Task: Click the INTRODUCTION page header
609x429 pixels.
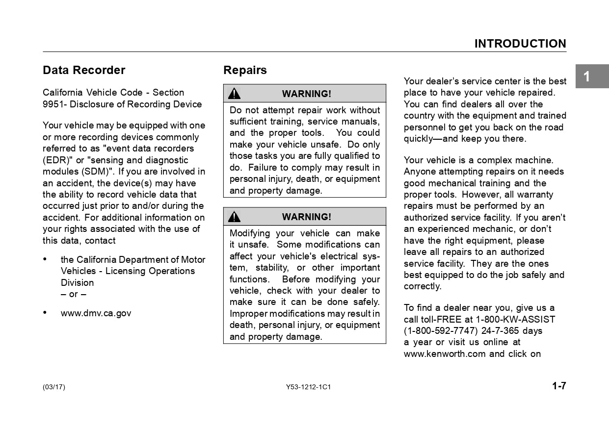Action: coord(520,44)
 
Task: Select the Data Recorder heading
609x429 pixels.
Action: coord(84,70)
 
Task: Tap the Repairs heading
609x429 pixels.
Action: coord(245,70)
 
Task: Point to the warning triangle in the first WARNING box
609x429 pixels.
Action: coord(235,94)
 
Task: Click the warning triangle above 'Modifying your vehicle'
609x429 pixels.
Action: coord(235,217)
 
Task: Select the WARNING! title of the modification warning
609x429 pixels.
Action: coord(306,217)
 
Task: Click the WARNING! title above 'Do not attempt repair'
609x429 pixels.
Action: coord(306,94)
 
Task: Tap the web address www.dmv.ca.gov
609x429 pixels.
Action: coord(96,313)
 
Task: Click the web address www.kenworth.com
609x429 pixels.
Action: coord(445,354)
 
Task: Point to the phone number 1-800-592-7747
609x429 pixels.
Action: coord(440,331)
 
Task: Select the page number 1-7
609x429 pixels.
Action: coord(559,386)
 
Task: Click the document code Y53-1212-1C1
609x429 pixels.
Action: coord(308,387)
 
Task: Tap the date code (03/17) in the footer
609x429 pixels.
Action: coord(53,387)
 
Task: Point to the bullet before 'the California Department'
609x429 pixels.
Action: coord(45,259)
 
